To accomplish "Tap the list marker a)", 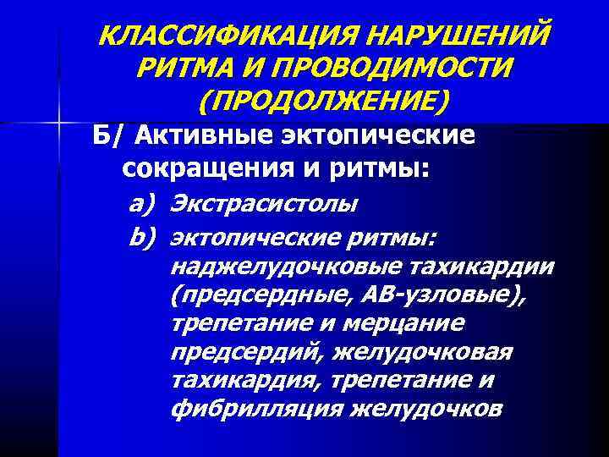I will [144, 203].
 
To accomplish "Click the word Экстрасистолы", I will [264, 203].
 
